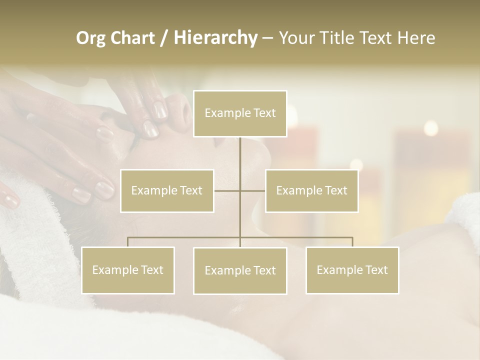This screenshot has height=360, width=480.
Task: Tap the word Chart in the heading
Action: click(x=130, y=38)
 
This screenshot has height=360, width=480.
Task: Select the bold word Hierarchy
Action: click(x=215, y=38)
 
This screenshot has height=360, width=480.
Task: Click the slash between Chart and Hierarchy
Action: click(x=164, y=38)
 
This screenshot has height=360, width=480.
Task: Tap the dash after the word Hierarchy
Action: click(x=267, y=38)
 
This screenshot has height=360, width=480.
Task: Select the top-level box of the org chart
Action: click(x=240, y=113)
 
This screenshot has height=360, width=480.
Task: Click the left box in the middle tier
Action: click(x=167, y=190)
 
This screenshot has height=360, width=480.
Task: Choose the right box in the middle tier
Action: click(x=311, y=190)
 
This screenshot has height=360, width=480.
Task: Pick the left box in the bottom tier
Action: click(x=128, y=270)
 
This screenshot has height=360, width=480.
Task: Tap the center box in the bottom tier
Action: click(x=240, y=270)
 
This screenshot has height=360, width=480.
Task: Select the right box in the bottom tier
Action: click(x=352, y=270)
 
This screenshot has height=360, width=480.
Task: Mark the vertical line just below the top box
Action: click(x=240, y=152)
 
